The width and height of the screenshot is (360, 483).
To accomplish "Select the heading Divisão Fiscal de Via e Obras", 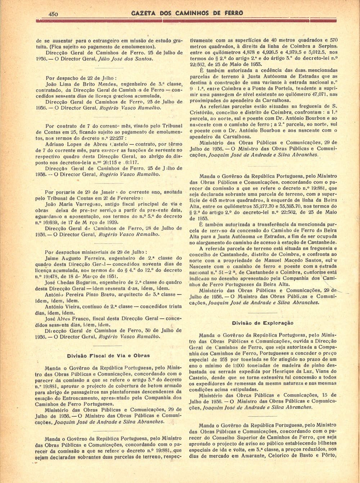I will pyautogui.click(x=108, y=355).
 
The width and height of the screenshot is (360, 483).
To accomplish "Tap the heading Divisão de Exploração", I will pyautogui.click(x=262, y=323).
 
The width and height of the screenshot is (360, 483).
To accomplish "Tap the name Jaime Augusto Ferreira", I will pyautogui.click(x=73, y=258).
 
